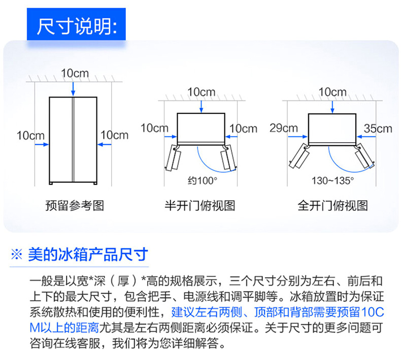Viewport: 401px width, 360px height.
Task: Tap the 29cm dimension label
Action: coord(284,128)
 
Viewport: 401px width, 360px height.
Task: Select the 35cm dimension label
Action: coord(378,128)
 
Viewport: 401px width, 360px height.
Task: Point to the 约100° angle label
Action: coord(203,181)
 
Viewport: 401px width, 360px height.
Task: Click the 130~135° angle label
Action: coord(332,181)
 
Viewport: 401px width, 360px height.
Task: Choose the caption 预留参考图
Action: coord(75,206)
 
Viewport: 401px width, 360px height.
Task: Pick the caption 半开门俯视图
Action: coord(199,206)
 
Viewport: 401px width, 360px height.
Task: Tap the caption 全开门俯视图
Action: coord(332,206)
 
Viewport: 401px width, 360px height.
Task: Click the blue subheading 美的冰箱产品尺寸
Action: coord(88,254)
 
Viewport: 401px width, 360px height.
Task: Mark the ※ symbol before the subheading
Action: coord(17,254)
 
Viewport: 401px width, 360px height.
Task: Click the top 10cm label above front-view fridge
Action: coord(75,74)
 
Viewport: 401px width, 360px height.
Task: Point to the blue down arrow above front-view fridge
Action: coord(73,89)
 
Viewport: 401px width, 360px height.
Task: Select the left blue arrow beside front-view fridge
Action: coord(42,145)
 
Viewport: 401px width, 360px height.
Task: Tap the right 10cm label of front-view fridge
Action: coord(114,135)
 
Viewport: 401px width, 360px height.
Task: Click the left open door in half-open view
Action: coord(173,158)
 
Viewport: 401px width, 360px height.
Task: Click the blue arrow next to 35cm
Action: coord(366,137)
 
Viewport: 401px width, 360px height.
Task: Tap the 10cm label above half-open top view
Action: coord(202,92)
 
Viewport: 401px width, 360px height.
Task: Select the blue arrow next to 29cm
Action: coord(297,137)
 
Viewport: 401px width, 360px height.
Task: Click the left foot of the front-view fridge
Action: coord(51,183)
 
